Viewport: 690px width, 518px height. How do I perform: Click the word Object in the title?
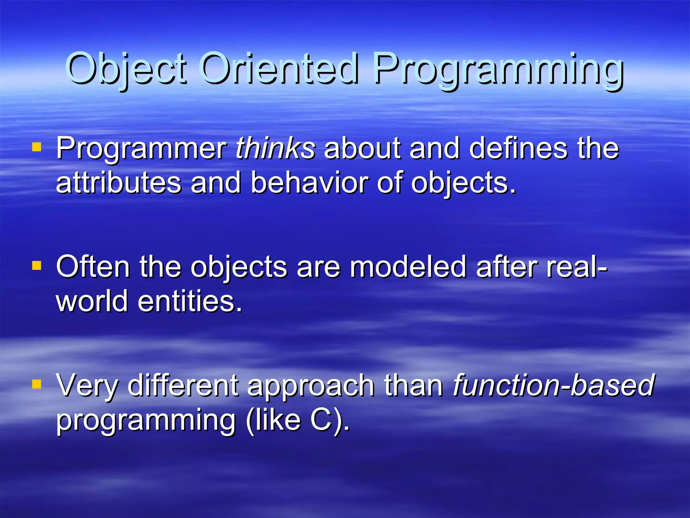(125, 69)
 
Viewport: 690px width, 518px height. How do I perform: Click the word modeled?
(408, 267)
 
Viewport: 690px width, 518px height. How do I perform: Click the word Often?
(93, 267)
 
